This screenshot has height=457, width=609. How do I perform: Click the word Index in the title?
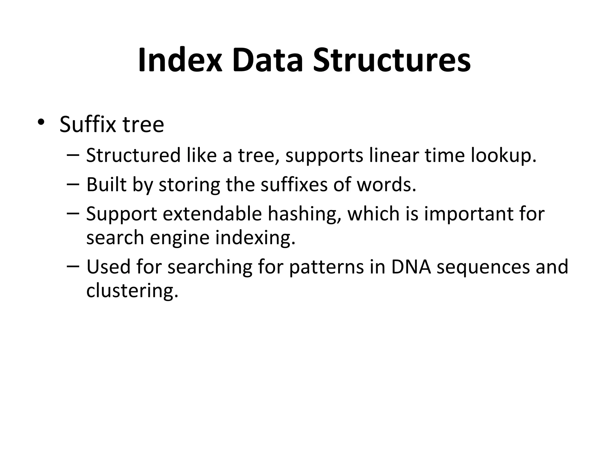(x=180, y=60)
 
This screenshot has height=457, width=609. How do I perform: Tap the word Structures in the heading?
(x=392, y=60)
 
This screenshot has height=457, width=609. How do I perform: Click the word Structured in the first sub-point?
(x=133, y=155)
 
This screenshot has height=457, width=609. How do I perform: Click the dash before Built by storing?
(x=73, y=184)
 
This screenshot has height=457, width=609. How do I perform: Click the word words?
(x=386, y=184)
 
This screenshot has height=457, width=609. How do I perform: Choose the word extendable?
(x=212, y=214)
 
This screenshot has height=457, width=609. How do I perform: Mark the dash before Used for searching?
(x=73, y=266)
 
